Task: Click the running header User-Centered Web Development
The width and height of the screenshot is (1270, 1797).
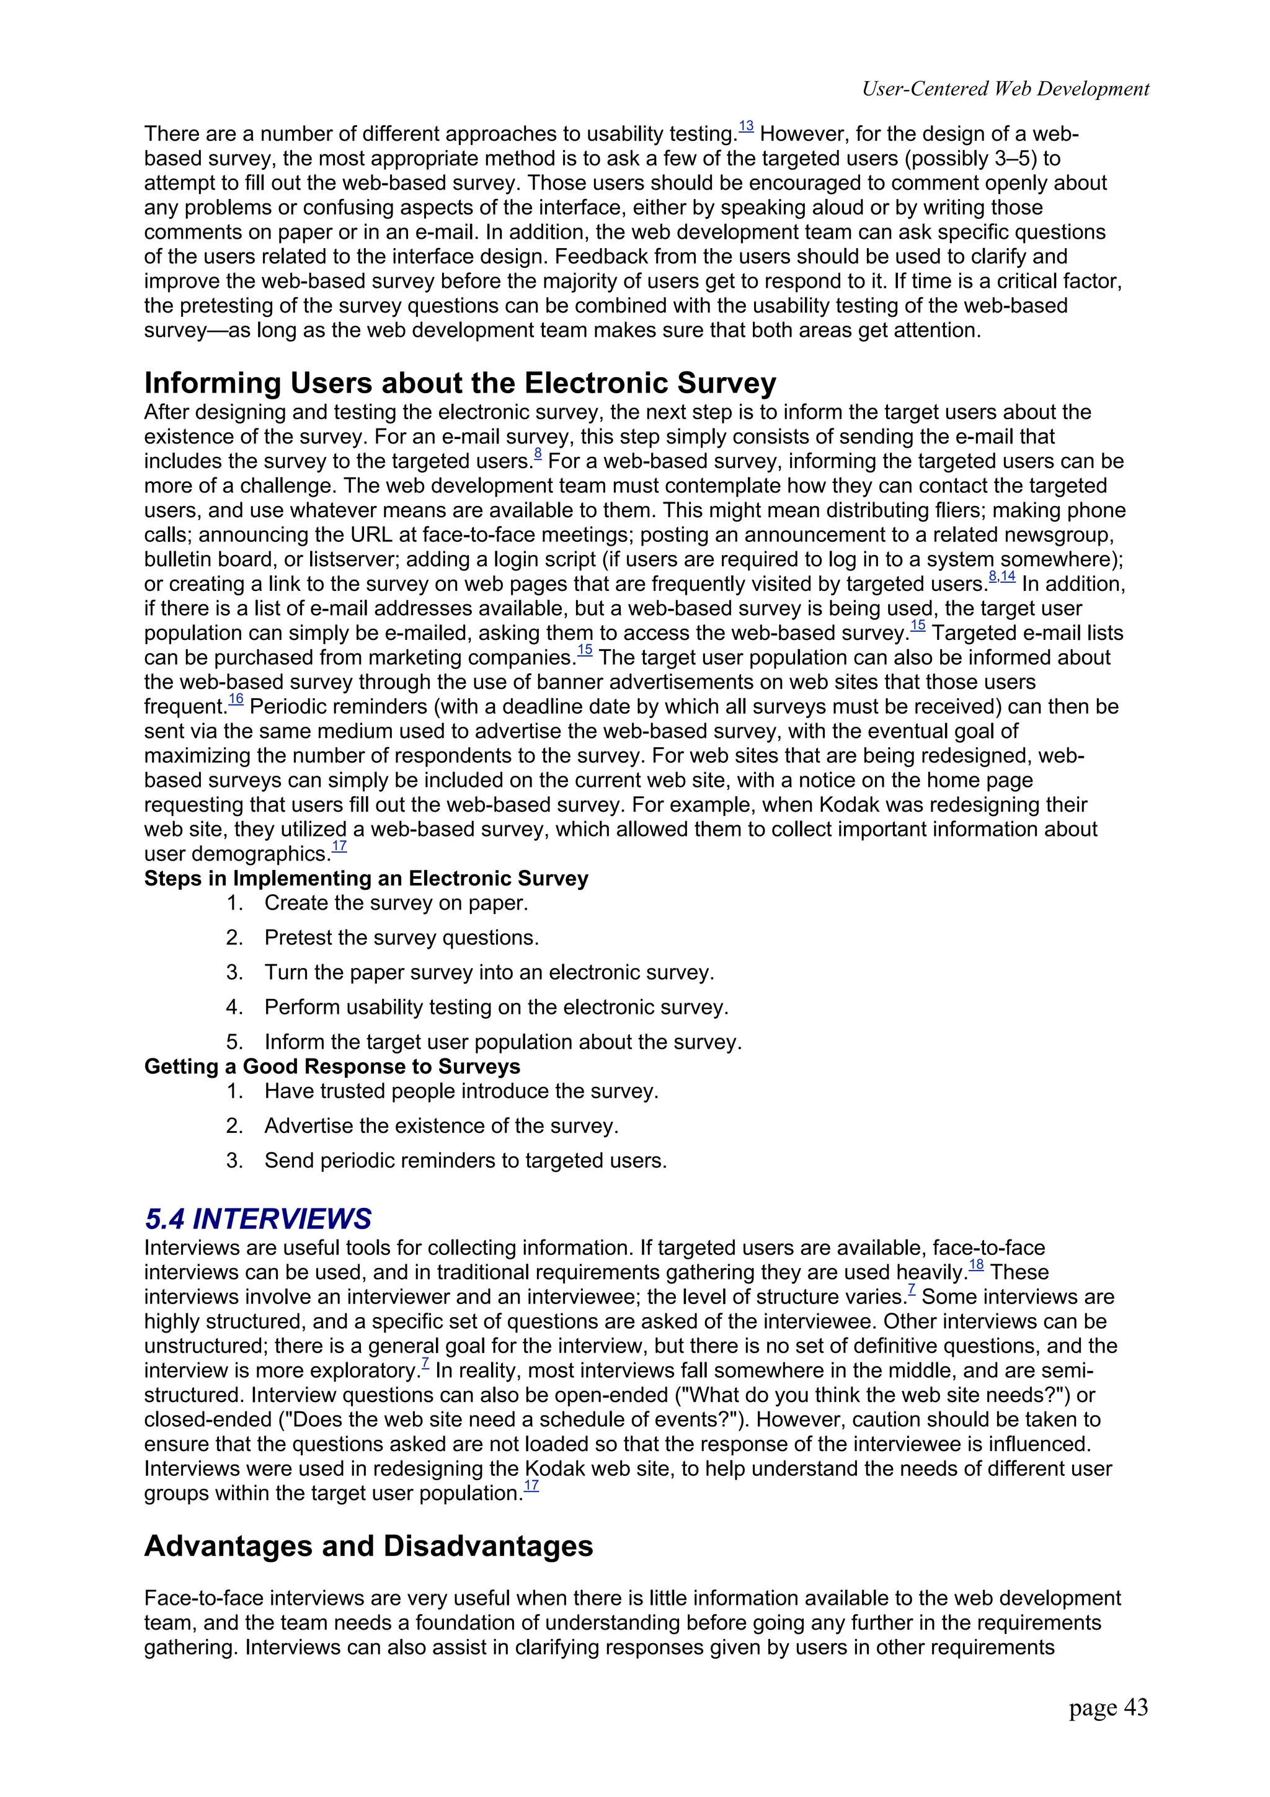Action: coord(1005,89)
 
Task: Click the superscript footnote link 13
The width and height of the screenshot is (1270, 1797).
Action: coord(746,126)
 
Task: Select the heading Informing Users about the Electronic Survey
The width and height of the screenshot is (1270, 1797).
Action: coord(460,383)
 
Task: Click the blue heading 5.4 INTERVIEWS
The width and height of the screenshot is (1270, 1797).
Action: coord(258,1218)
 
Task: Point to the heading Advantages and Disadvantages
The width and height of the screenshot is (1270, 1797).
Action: coord(368,1546)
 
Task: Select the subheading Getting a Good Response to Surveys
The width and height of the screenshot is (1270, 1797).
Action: coord(332,1066)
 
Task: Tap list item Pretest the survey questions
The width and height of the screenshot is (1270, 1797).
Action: coord(401,937)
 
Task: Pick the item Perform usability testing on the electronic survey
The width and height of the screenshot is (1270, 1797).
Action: coord(496,1006)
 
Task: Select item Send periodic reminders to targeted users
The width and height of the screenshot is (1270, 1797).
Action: coord(466,1160)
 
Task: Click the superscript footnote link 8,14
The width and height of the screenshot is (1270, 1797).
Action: coord(1001,577)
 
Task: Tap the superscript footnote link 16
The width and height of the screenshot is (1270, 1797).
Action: coord(236,699)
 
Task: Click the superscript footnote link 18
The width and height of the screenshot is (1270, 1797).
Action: coord(976,1266)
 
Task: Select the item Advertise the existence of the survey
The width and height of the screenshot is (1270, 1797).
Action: coord(442,1125)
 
